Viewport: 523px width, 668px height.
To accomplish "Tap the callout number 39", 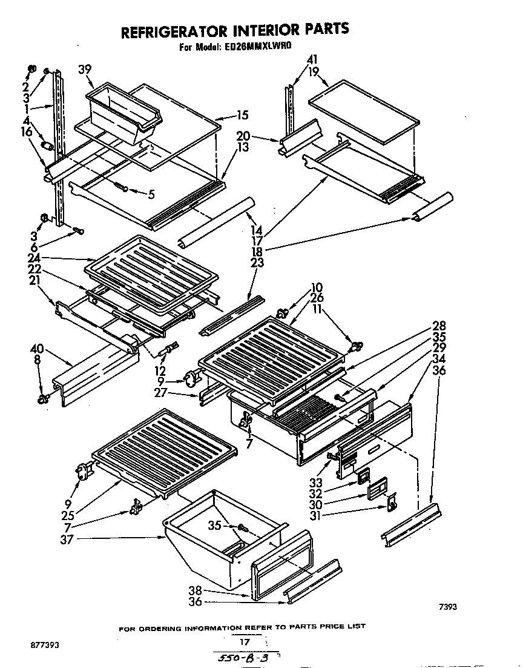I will [x=85, y=70].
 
